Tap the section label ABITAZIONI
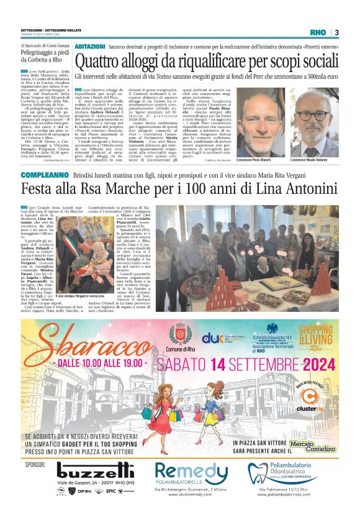click(89, 47)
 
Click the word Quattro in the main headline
click(103, 61)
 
